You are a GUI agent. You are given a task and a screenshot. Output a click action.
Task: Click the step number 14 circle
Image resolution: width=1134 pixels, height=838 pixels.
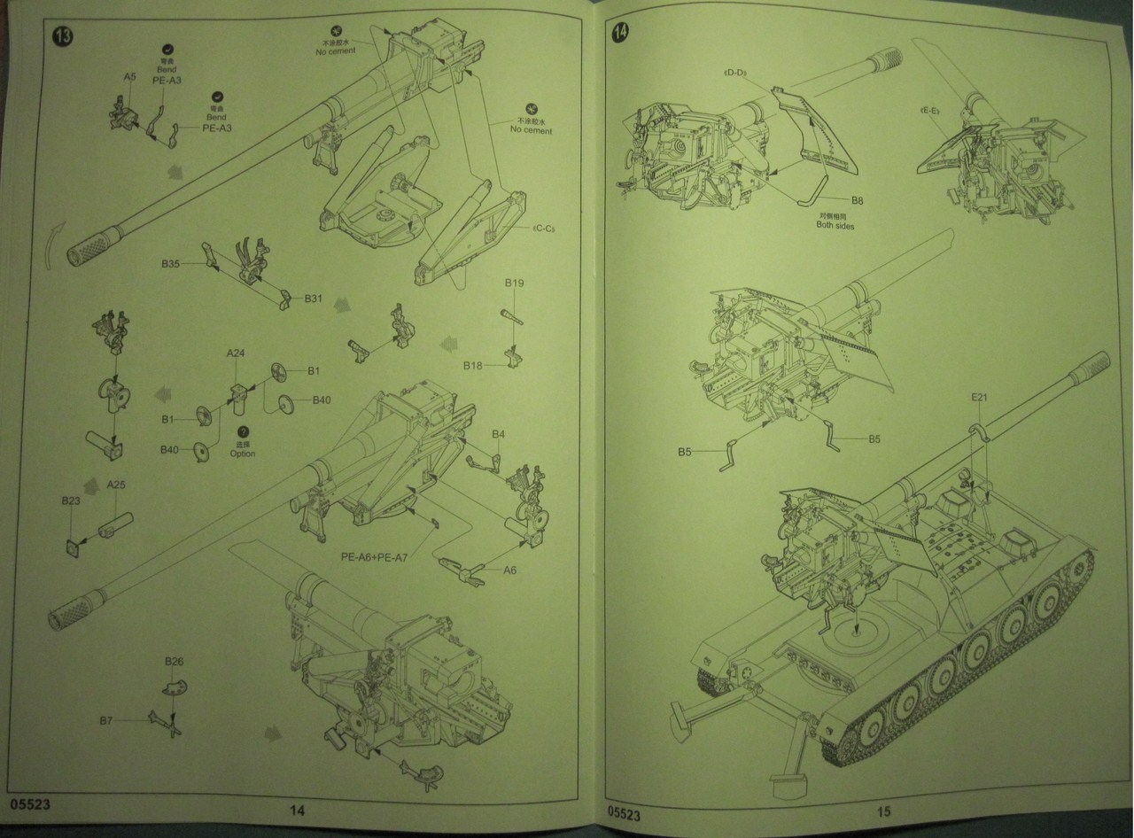click(x=621, y=32)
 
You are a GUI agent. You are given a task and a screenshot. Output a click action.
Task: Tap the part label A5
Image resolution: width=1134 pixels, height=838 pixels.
click(x=129, y=77)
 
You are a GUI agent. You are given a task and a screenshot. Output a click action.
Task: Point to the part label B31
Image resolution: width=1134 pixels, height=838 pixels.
click(x=313, y=299)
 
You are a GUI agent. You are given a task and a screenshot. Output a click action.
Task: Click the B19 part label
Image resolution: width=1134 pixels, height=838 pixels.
click(x=515, y=283)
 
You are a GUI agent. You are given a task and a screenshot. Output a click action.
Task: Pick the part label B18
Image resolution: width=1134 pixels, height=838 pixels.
click(x=472, y=365)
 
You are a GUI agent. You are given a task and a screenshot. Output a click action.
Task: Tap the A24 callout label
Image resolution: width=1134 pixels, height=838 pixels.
click(x=236, y=353)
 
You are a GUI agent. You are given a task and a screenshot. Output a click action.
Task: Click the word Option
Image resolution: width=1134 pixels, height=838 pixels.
click(x=242, y=454)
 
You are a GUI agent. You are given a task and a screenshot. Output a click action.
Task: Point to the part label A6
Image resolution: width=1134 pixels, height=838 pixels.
click(x=510, y=570)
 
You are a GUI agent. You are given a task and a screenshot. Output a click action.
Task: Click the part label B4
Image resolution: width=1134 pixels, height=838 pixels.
click(x=499, y=434)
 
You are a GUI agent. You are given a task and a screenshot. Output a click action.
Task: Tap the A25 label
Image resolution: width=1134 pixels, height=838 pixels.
click(x=116, y=485)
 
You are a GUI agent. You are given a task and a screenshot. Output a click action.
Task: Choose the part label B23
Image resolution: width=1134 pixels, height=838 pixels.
click(x=71, y=501)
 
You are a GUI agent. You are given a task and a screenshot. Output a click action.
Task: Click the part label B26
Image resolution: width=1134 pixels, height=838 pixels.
click(x=174, y=662)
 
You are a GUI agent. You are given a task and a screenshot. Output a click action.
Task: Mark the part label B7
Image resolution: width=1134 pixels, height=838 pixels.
click(x=106, y=722)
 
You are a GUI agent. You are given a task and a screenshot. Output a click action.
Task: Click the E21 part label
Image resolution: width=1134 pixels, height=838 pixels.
click(x=978, y=398)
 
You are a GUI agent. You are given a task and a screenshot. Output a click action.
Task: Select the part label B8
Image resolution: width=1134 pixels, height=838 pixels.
click(x=857, y=201)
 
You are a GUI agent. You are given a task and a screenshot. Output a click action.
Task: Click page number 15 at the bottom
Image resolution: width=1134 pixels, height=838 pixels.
click(x=883, y=811)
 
